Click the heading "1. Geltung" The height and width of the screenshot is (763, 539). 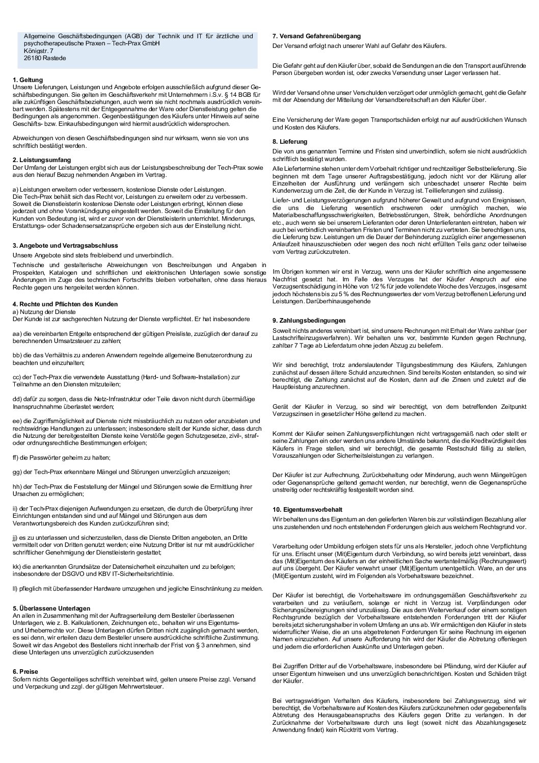[x=28, y=80]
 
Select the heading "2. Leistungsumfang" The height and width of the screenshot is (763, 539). [x=41, y=160]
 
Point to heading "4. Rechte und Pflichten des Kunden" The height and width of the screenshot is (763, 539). [x=65, y=304]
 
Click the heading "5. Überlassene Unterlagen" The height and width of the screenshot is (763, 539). [x=51, y=608]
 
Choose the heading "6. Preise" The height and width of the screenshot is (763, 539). [x=25, y=672]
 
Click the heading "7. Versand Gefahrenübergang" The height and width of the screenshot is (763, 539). [x=316, y=36]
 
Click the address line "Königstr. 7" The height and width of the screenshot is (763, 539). [x=38, y=51]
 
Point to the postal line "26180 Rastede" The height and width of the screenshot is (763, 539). [x=45, y=58]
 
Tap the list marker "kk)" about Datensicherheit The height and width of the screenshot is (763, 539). [x=17, y=566]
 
